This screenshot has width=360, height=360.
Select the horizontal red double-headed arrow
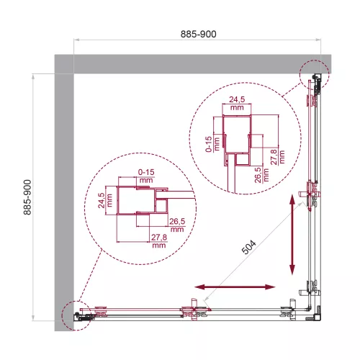[235, 287]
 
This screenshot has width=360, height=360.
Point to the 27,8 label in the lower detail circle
[158, 240]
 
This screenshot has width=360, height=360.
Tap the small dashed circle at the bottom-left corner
[74, 315]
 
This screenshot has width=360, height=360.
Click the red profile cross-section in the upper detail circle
[237, 148]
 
